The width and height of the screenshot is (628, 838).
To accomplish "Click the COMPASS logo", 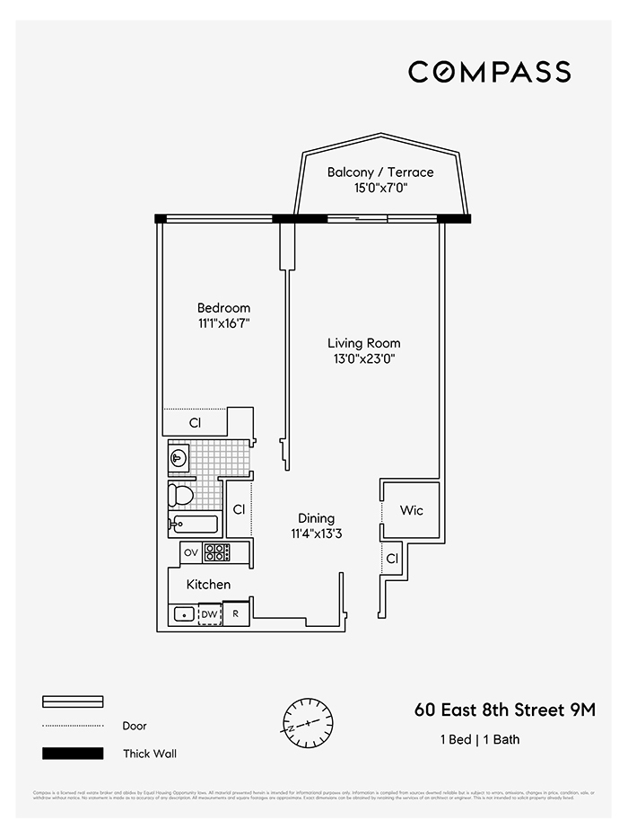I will click(489, 72).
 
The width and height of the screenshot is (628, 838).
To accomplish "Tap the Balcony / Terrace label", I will click(379, 172).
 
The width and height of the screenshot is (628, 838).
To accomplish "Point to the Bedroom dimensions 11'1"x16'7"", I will click(223, 323).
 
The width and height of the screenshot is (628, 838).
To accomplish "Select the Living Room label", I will click(363, 343).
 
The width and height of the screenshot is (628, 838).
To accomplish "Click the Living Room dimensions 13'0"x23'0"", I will click(363, 358).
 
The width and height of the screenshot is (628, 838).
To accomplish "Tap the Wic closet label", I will click(411, 510).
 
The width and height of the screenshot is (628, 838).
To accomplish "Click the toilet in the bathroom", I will click(182, 495).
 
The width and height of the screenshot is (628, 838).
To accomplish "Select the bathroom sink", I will click(179, 459).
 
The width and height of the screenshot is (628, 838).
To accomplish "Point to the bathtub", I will click(194, 525).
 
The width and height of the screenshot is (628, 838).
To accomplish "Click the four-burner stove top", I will click(216, 552).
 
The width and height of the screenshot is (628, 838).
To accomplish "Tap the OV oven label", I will click(190, 552).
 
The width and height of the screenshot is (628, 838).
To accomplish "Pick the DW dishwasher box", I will click(209, 614).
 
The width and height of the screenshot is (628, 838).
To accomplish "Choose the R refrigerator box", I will click(236, 614).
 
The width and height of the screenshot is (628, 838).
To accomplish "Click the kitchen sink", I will click(183, 614).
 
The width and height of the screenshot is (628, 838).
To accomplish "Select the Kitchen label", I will click(208, 585).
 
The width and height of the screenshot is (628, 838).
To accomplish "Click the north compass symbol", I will click(308, 722).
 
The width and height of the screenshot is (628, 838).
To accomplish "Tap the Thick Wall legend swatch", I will click(73, 754).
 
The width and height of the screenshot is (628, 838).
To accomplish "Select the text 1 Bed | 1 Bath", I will click(479, 740).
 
